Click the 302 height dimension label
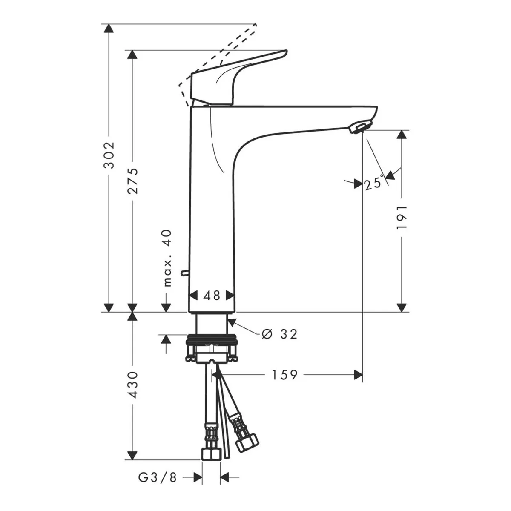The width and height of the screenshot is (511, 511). tap(109, 155)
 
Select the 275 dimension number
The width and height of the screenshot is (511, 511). tap(132, 181)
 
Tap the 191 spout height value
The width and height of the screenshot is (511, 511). tap(402, 217)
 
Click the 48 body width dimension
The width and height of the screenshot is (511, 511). tap(212, 295)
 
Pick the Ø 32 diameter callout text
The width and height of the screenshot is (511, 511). tap(279, 334)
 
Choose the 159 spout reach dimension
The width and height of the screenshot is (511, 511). tap(285, 375)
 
